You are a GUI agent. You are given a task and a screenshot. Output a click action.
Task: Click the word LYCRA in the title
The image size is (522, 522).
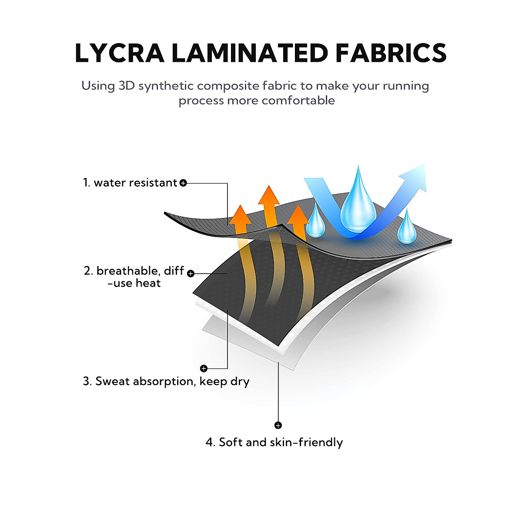(x=119, y=53)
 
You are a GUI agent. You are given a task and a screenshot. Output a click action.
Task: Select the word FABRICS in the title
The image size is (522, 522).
(x=391, y=53)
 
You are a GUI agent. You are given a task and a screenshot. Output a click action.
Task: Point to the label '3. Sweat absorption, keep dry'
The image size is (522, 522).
(x=166, y=381)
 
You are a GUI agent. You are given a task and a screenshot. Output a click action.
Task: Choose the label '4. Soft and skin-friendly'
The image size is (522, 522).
(x=274, y=442)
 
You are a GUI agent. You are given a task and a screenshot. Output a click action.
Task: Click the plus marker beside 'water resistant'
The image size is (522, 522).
(x=183, y=183)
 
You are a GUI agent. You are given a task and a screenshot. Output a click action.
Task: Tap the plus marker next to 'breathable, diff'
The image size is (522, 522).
(x=191, y=273)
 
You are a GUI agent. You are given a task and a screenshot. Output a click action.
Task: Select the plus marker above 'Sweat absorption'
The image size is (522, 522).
(x=204, y=368)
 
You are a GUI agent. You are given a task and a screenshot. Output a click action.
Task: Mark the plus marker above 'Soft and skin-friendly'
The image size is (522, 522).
(x=278, y=425)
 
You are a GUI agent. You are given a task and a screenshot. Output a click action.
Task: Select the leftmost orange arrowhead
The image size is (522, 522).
(x=240, y=215)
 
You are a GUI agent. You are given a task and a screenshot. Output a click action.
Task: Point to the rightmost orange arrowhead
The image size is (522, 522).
(x=298, y=216)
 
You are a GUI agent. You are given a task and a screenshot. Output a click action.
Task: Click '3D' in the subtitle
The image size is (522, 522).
(x=127, y=86)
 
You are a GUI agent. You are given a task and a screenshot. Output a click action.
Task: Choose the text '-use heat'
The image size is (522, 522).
(x=134, y=283)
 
